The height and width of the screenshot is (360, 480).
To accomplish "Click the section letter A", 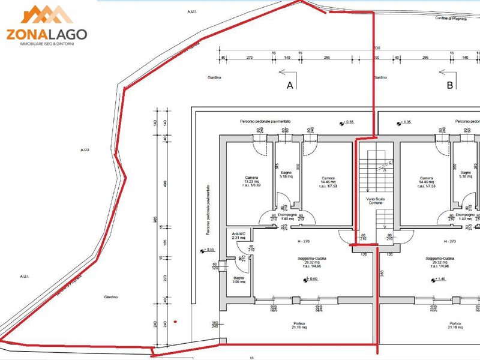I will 290,86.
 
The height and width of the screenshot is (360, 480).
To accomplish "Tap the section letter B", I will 449,86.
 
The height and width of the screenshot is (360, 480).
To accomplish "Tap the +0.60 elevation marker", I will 310,280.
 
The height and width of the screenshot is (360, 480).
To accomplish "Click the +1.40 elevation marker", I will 439,280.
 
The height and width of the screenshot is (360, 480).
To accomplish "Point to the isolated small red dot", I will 175,322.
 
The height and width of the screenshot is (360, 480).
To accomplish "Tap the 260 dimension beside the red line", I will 382,274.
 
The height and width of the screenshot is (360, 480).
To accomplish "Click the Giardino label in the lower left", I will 110,297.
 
